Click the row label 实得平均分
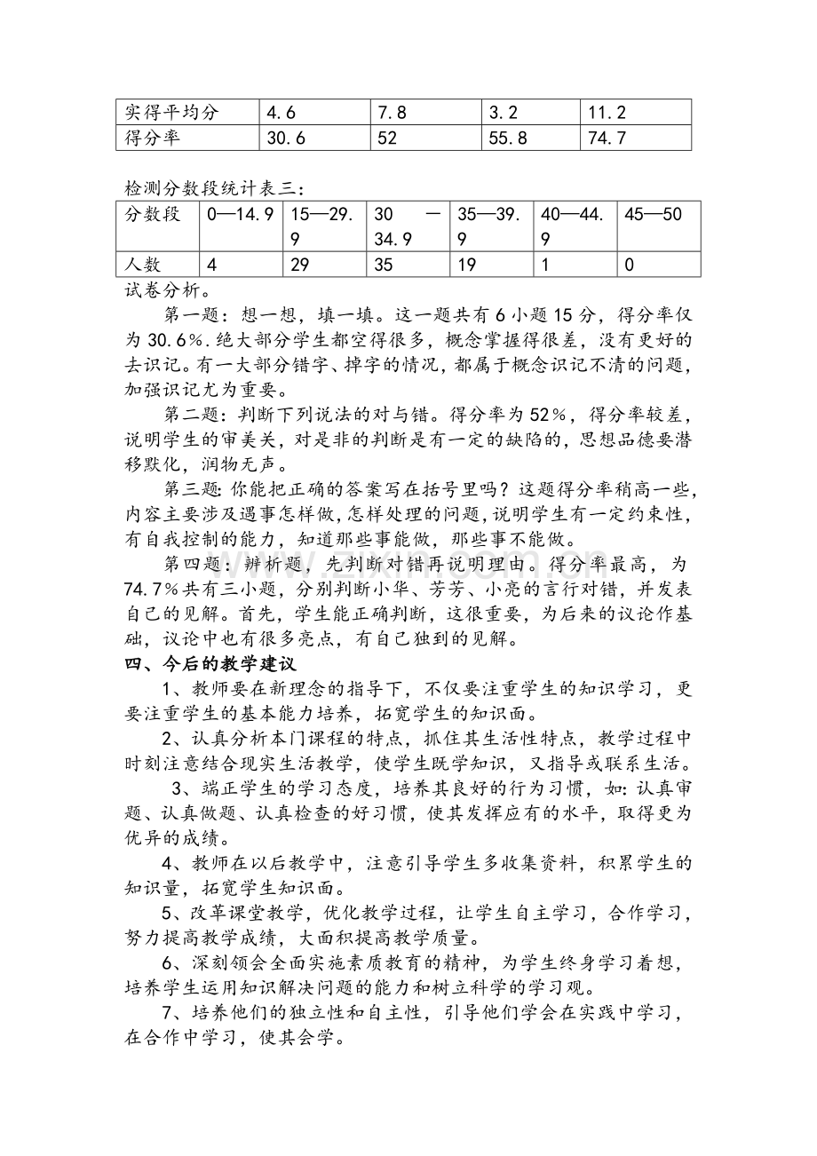(x=172, y=113)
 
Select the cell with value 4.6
(x=282, y=113)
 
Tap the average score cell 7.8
(x=392, y=113)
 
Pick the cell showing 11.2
(x=607, y=113)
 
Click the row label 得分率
(x=153, y=138)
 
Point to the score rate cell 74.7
(x=607, y=138)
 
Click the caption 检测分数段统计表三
(x=213, y=188)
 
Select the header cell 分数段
(x=153, y=214)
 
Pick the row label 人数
(x=144, y=265)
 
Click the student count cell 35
(x=384, y=265)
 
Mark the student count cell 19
(x=466, y=265)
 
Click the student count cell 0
(x=630, y=265)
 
